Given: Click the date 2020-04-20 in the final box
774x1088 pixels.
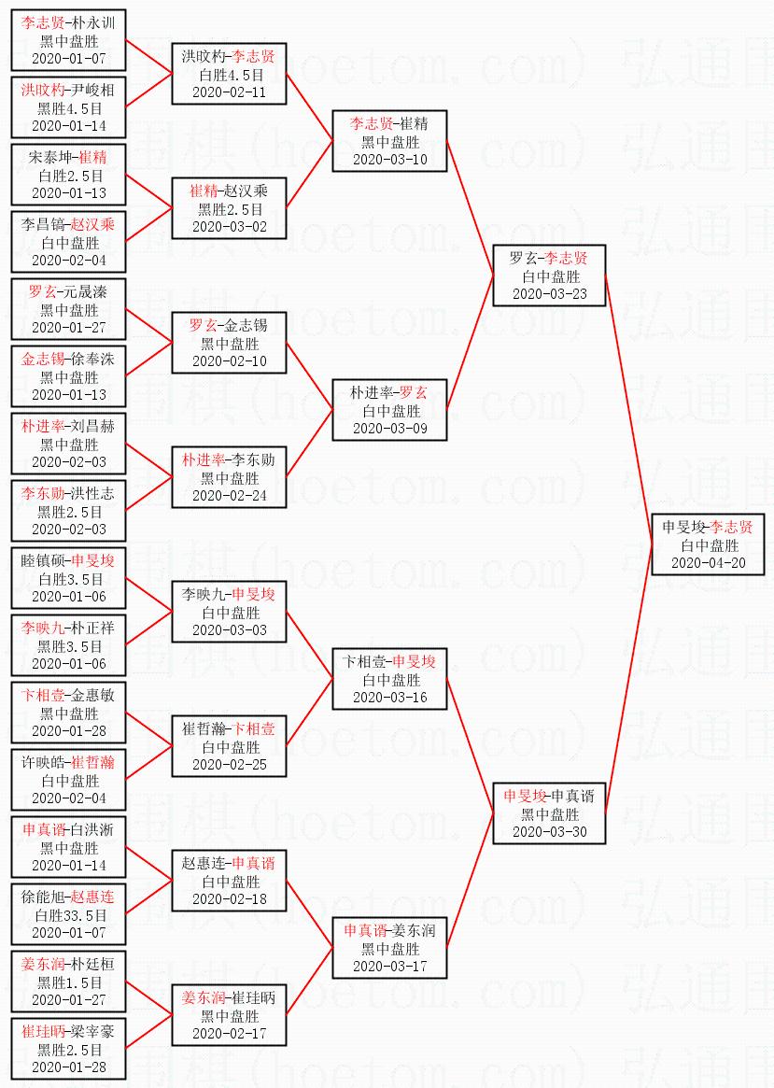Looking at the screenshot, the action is [x=709, y=563].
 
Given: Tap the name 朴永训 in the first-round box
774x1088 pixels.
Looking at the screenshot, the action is [x=93, y=23].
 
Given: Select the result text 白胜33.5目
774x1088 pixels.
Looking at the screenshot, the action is [x=69, y=914].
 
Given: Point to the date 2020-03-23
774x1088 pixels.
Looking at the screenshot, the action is [x=550, y=293].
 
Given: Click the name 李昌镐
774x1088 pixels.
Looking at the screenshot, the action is [x=43, y=225].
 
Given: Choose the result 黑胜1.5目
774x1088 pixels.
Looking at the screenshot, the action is [x=69, y=982].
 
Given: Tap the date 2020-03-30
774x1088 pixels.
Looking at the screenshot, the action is [x=550, y=831].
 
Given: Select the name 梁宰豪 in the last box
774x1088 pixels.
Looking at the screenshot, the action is [x=93, y=1032].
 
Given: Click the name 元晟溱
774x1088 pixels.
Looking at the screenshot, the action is [x=86, y=292].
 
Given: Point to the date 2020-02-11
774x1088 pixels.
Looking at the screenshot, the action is [x=230, y=92].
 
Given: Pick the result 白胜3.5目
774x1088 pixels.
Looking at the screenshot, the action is [x=69, y=578].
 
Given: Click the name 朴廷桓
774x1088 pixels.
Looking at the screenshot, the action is [x=93, y=965].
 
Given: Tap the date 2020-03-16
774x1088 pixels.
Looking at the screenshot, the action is [x=390, y=697].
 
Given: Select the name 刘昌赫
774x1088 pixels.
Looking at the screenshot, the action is [x=93, y=427].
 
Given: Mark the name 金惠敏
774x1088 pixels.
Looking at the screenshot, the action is [x=93, y=696].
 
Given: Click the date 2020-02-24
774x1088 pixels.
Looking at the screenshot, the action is [x=230, y=495].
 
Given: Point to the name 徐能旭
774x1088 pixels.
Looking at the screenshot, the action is [x=43, y=897].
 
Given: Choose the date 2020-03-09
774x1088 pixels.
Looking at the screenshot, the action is [x=390, y=428].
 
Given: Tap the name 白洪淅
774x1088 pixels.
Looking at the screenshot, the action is [x=93, y=830].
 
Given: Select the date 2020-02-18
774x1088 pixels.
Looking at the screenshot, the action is [x=230, y=898].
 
